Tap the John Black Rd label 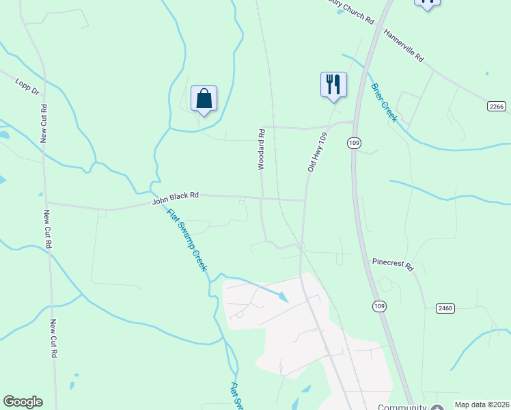click(x=175, y=197)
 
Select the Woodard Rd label click(x=260, y=148)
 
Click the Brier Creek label click(x=384, y=102)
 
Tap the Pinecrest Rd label click(x=393, y=264)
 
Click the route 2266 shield click(x=498, y=106)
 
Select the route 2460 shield click(x=445, y=309)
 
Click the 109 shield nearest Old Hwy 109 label click(x=353, y=142)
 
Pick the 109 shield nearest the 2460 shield click(x=379, y=305)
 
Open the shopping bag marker click(x=204, y=99)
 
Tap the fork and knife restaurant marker click(x=333, y=85)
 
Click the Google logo click(x=23, y=402)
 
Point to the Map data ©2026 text click(x=482, y=405)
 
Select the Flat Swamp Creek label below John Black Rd click(x=187, y=239)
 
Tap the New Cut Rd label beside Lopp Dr click(x=44, y=123)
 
